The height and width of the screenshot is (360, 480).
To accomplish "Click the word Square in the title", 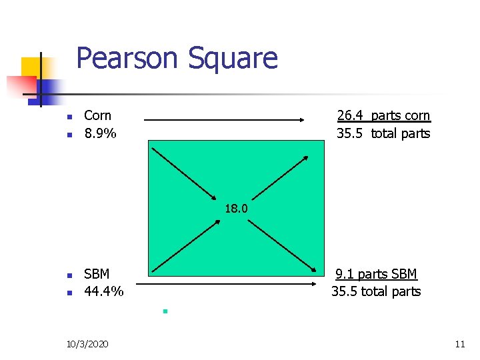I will click(x=232, y=58).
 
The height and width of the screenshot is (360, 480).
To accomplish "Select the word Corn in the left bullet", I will click(x=97, y=116).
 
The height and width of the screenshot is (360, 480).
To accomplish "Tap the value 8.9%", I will click(x=100, y=133).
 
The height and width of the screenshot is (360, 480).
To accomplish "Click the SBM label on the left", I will click(x=97, y=274).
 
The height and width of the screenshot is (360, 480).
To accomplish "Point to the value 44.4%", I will click(x=103, y=291).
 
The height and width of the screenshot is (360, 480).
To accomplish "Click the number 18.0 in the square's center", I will click(x=236, y=209).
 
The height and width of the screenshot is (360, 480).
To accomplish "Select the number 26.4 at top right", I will click(x=350, y=116).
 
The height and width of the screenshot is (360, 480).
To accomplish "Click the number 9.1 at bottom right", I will click(x=344, y=274).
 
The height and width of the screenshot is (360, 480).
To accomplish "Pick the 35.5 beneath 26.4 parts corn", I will click(x=349, y=133).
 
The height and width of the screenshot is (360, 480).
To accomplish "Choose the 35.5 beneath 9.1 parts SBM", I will click(x=344, y=291).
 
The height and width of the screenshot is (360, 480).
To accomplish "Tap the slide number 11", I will click(x=459, y=344).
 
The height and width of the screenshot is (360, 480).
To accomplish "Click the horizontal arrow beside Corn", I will click(x=224, y=120).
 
